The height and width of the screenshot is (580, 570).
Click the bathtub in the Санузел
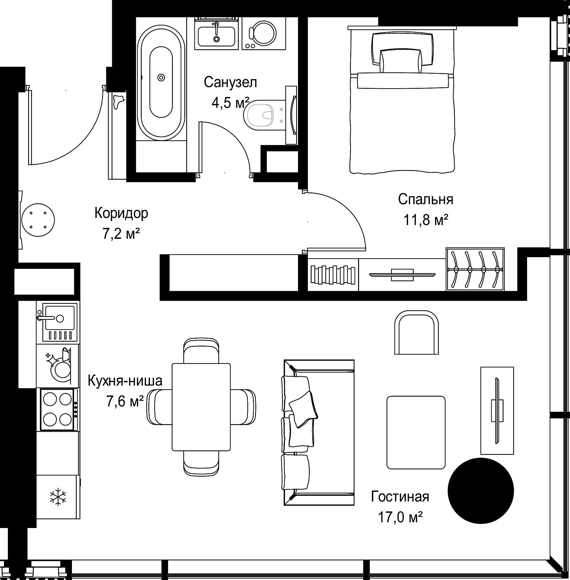click(x=161, y=82)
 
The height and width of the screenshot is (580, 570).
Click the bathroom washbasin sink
click(x=216, y=34)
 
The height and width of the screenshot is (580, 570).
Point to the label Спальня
click(x=425, y=199)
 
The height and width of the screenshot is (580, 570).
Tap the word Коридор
click(x=121, y=213)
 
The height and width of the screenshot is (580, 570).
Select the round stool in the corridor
click(x=38, y=220)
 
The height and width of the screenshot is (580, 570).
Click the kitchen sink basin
click(x=60, y=317)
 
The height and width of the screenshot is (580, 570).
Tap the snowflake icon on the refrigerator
click(x=58, y=497)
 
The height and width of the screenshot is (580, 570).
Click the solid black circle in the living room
click(x=481, y=491)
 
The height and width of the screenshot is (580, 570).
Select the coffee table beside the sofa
click(x=416, y=433)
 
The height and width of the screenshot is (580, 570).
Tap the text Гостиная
click(x=400, y=497)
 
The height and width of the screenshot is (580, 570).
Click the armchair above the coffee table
click(x=416, y=332)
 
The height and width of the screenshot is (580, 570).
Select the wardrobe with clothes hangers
click(x=475, y=269)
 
